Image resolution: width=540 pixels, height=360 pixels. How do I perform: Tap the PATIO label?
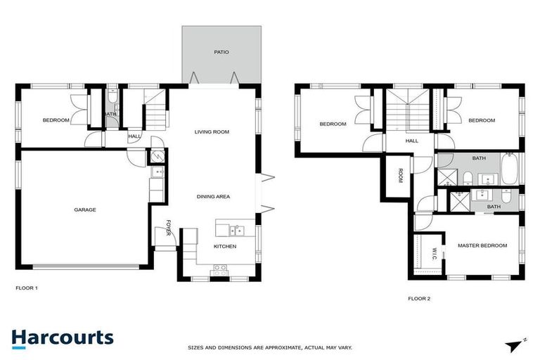221,52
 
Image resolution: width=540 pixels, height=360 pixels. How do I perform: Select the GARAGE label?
86,210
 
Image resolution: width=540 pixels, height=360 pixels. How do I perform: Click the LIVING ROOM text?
212,132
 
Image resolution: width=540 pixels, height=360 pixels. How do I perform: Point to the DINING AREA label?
213,197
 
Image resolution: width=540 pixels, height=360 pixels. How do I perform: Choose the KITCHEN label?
225,247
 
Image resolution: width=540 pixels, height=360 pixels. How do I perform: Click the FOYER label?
169,227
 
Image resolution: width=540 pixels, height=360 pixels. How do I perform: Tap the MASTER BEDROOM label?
482,245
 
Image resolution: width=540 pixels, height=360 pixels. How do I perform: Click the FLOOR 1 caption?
27,288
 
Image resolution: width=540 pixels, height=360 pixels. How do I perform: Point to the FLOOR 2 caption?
419,298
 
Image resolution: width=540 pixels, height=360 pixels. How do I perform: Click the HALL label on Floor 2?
411,141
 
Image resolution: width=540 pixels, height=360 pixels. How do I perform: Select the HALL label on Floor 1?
134,136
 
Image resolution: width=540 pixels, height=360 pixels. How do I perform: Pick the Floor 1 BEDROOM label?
56,120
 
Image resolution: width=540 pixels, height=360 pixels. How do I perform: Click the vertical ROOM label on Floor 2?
399,176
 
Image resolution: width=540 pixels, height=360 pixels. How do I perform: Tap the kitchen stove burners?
220,268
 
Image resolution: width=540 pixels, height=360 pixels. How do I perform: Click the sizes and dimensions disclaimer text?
270,347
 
